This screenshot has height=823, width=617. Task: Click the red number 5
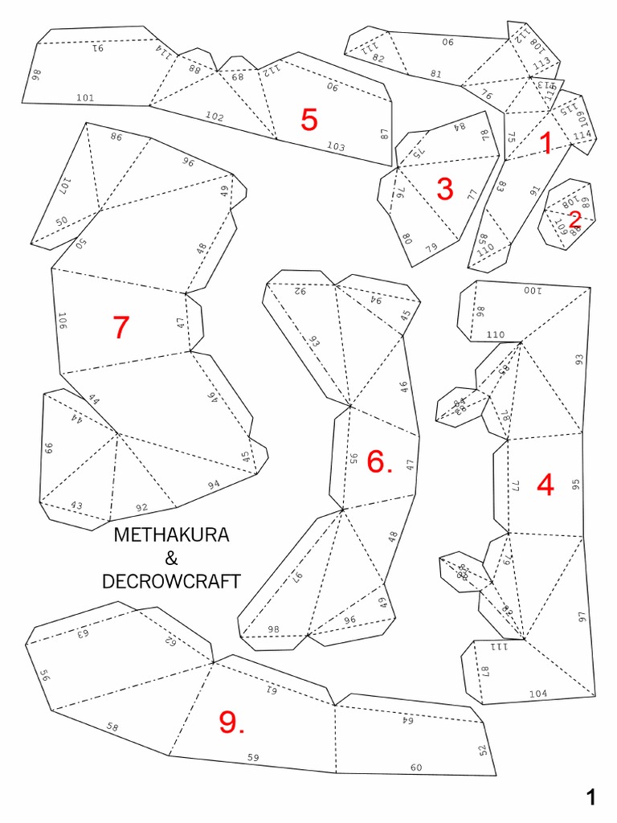coord(309,120)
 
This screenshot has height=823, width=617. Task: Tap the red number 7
coord(121,327)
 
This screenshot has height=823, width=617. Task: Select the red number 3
coord(445,190)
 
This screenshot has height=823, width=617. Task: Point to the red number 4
coord(545,485)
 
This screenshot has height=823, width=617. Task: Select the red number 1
coord(546,144)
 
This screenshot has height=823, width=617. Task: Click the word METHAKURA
coord(171,535)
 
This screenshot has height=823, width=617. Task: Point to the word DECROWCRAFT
coord(171,582)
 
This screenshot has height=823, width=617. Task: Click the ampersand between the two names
coord(171,559)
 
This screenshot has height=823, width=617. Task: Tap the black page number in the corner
coord(591,797)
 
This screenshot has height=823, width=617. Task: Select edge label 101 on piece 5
coord(85,98)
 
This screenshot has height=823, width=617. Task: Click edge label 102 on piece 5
coord(215,117)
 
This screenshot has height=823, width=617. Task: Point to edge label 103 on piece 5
coord(336,146)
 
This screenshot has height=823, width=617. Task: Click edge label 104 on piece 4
coord(538,693)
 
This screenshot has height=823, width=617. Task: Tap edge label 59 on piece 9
coord(253,757)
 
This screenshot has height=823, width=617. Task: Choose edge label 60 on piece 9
coord(416,768)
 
